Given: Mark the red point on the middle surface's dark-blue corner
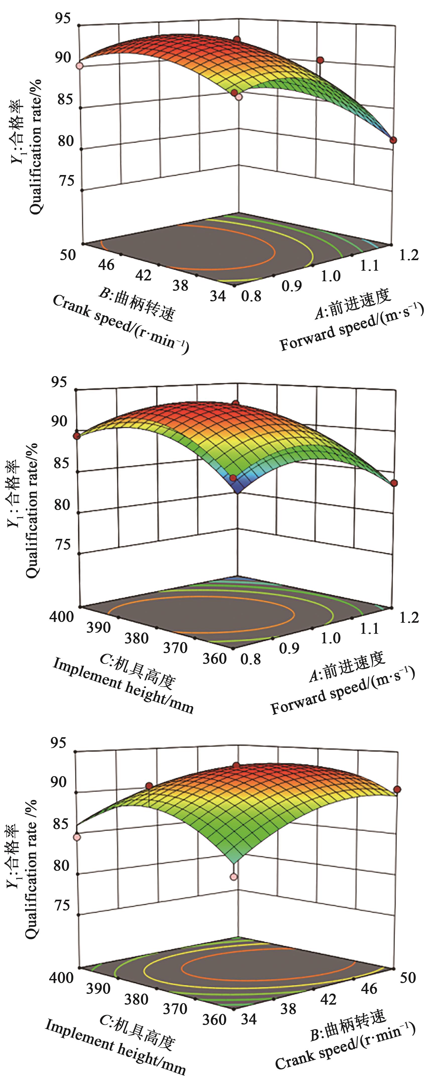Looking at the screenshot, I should coord(233,478).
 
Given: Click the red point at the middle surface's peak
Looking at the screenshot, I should coord(236,404).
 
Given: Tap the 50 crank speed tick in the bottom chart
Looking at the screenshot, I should coord(408,977).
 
